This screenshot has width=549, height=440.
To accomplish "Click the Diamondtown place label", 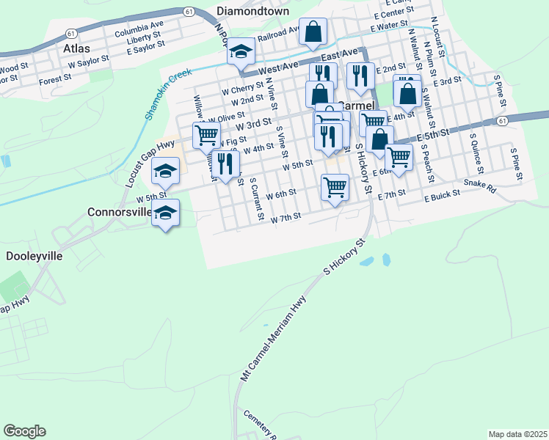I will coord(252,12).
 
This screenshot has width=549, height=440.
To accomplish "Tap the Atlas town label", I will coord(76,48).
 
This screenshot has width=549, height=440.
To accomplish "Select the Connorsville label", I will coord(120,212).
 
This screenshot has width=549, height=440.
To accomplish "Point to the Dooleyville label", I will coord(34,257).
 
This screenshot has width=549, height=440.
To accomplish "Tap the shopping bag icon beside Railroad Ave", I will coord(313,32).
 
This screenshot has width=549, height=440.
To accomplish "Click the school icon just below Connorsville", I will coord(166,213).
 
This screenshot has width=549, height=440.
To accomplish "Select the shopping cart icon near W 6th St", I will coord(335,187).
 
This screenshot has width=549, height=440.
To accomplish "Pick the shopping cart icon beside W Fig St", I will coord(207,135).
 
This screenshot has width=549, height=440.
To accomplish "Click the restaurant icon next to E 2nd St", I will coord(360,76).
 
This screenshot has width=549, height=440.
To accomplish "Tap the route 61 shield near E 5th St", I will coord(502,120).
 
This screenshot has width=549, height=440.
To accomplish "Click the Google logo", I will coord(24,431).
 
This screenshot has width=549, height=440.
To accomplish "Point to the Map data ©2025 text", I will coord(517,434).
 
